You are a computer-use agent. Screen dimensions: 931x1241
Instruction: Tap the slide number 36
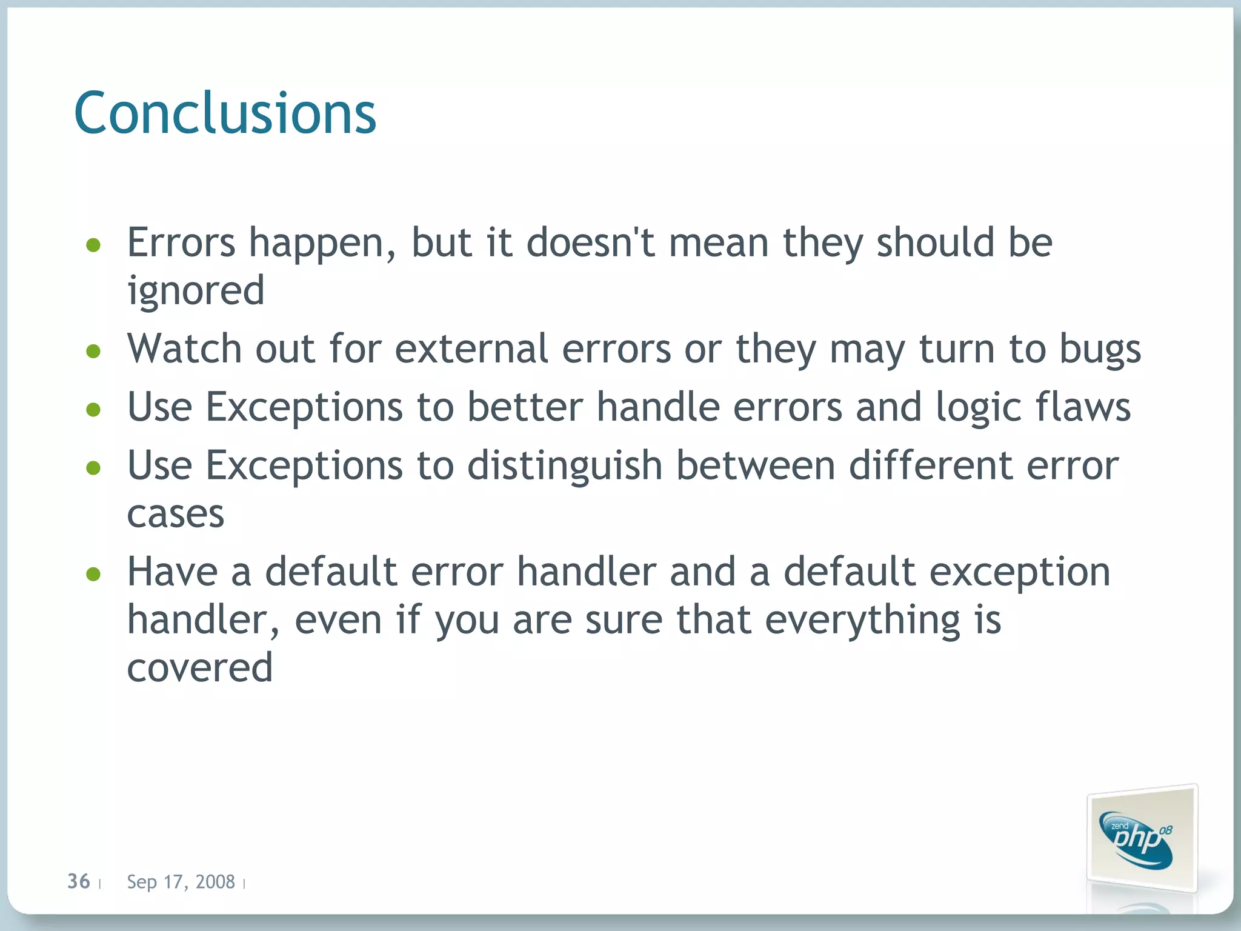click(x=79, y=881)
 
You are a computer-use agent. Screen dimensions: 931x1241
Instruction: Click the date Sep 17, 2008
click(x=181, y=881)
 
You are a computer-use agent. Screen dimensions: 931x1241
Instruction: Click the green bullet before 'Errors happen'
click(x=93, y=245)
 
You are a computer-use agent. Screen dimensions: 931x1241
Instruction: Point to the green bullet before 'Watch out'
click(x=93, y=351)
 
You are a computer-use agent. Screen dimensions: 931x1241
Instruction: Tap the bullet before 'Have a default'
click(x=93, y=573)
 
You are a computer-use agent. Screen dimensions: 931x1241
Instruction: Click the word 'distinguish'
click(x=565, y=466)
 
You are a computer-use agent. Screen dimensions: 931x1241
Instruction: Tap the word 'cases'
click(x=176, y=515)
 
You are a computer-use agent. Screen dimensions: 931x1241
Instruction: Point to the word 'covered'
click(x=200, y=667)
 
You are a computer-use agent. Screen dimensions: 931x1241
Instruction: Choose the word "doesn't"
click(x=590, y=242)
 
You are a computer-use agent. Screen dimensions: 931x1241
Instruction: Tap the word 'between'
click(x=756, y=466)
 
